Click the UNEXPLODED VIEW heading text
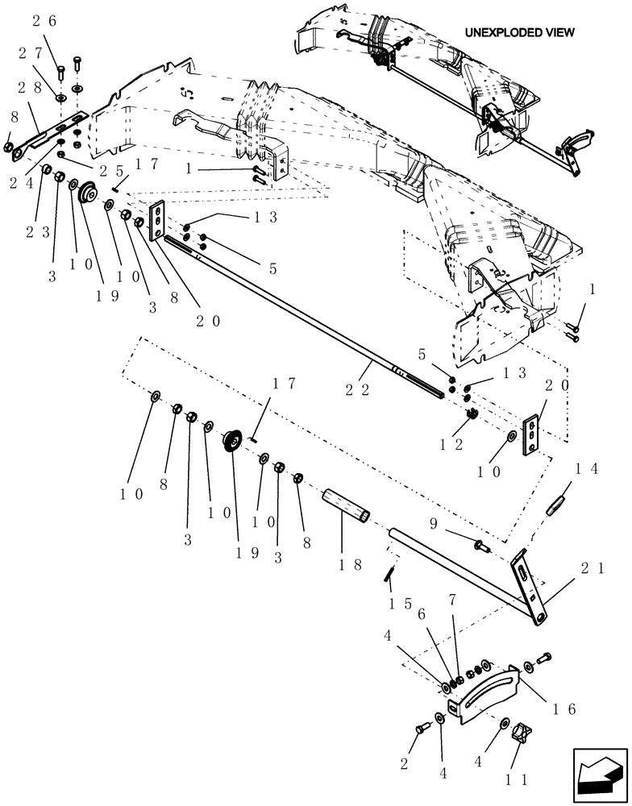tap(519, 32)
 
